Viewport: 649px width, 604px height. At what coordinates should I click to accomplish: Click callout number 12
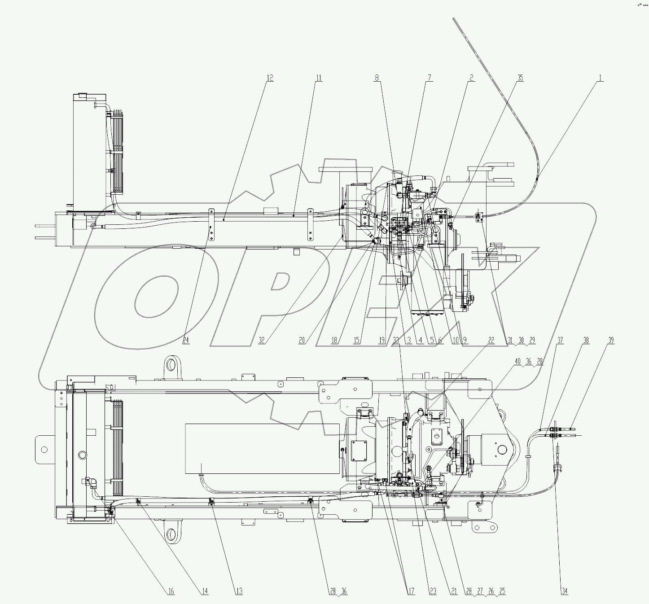(269, 78)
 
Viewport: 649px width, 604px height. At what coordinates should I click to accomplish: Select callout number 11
(318, 78)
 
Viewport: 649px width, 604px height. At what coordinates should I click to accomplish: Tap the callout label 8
(377, 78)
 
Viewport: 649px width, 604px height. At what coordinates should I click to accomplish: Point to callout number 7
(429, 78)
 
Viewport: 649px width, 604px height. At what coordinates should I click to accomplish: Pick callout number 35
(520, 78)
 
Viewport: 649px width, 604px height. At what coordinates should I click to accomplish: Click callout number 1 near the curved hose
(600, 78)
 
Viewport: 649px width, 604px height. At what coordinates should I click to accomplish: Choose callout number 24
(186, 341)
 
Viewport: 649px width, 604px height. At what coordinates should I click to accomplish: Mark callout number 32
(262, 341)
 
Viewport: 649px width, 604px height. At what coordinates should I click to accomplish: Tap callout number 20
(302, 341)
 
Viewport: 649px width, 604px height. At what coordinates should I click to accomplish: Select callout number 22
(491, 341)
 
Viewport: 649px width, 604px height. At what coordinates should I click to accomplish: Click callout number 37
(560, 341)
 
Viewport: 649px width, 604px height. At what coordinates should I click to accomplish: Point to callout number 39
(611, 341)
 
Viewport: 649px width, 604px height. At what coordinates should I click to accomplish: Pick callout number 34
(564, 591)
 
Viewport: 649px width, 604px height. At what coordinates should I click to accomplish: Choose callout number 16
(171, 591)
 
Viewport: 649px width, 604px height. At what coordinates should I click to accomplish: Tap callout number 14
(204, 591)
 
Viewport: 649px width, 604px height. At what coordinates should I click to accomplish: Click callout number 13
(239, 591)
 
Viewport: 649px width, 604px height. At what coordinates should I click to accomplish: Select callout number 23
(432, 591)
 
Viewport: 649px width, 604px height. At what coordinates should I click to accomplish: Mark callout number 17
(411, 591)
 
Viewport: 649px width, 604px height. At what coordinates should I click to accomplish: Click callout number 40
(517, 362)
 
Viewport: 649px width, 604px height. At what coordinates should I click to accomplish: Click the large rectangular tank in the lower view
(263, 448)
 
